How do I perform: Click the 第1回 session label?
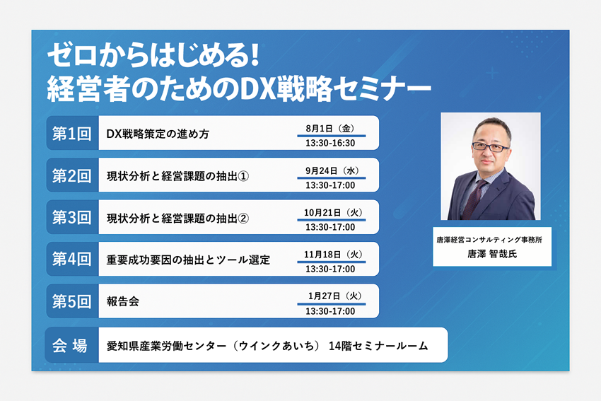(x=71, y=134)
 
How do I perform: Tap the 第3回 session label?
(x=71, y=217)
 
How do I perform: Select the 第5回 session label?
(x=71, y=301)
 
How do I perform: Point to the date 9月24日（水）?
(x=332, y=170)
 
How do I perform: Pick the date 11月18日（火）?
(x=333, y=254)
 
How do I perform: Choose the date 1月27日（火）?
(x=334, y=296)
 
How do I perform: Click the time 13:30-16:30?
(x=330, y=144)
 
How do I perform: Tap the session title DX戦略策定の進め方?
(x=158, y=134)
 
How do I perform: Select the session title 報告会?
(x=122, y=301)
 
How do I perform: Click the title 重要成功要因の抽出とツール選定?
(x=188, y=260)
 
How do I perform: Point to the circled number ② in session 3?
(x=243, y=218)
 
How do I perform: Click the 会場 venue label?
(x=70, y=345)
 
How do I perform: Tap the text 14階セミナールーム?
(x=378, y=346)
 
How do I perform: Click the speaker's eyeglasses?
(x=490, y=147)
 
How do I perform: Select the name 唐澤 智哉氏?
(x=492, y=254)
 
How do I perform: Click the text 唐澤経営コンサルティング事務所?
(x=489, y=240)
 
